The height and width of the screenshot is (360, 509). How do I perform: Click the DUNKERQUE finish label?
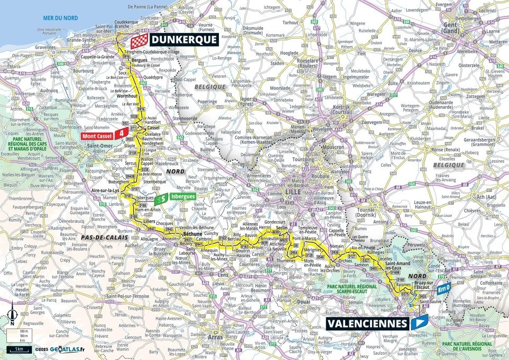[183, 39]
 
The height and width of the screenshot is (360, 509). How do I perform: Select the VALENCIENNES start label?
[366, 322]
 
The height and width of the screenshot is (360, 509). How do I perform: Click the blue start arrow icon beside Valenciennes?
[419, 322]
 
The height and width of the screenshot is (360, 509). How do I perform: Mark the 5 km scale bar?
[19, 349]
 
